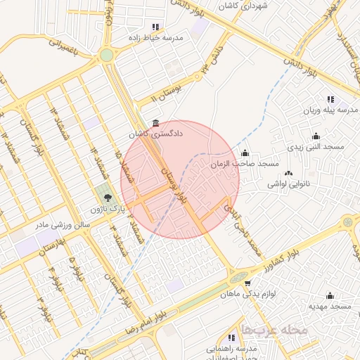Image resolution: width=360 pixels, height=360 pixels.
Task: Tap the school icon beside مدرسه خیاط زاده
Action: click(155, 27)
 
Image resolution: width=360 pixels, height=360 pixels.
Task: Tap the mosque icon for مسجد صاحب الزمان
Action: click(245, 153)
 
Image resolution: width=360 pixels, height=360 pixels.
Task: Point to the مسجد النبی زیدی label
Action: click(314, 147)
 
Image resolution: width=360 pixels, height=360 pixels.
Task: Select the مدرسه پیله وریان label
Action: click(330, 110)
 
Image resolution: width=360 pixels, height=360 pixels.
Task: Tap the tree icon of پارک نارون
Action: click(108, 198)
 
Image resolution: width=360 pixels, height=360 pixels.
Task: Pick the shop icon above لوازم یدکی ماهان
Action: click(247, 283)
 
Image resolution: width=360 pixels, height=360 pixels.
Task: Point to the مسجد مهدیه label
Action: click(329, 307)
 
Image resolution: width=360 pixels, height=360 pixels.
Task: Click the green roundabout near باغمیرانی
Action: click(106, 55)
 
